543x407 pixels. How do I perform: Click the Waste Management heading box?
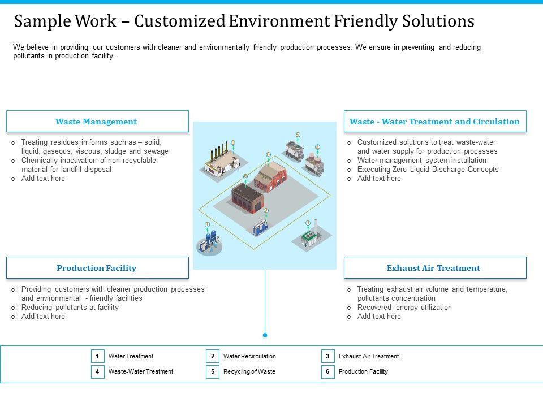coord(97,122)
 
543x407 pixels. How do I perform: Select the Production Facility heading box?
coord(97,268)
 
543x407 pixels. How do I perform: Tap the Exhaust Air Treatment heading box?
coord(434,268)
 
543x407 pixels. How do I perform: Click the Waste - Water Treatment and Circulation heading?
coord(434,122)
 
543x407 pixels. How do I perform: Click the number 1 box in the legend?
coord(97,356)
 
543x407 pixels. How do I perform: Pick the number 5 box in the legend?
coord(212,372)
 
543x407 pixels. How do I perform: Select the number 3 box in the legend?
coord(327,356)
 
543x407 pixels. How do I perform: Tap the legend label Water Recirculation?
coord(249,356)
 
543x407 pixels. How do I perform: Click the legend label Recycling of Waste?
coord(249,372)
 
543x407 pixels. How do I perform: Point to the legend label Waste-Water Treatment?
coord(141,372)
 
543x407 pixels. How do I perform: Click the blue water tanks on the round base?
coord(209,242)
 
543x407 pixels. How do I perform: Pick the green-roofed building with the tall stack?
coord(309,236)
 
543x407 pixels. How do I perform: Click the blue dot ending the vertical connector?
coord(265,335)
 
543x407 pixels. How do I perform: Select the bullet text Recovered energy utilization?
coord(404,308)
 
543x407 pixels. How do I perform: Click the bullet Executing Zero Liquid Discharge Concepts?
coord(428,170)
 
